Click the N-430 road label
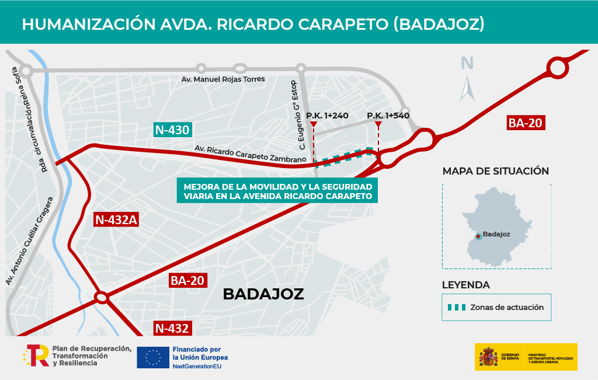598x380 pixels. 172,130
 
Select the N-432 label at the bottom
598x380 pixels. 172,328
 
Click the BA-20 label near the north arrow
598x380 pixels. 526,123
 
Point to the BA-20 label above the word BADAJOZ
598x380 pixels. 187,280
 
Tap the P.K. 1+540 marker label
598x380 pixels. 388,116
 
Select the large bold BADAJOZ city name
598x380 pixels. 263,294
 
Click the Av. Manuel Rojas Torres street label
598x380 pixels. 223,79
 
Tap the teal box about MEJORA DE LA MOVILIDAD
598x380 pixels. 277,191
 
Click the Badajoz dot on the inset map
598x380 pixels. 478,236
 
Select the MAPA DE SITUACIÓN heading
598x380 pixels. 496,171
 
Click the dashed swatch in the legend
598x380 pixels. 456,307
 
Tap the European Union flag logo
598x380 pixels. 152,357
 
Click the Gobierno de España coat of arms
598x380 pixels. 488,357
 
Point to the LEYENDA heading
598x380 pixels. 466,285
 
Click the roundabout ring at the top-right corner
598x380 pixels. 557,69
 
